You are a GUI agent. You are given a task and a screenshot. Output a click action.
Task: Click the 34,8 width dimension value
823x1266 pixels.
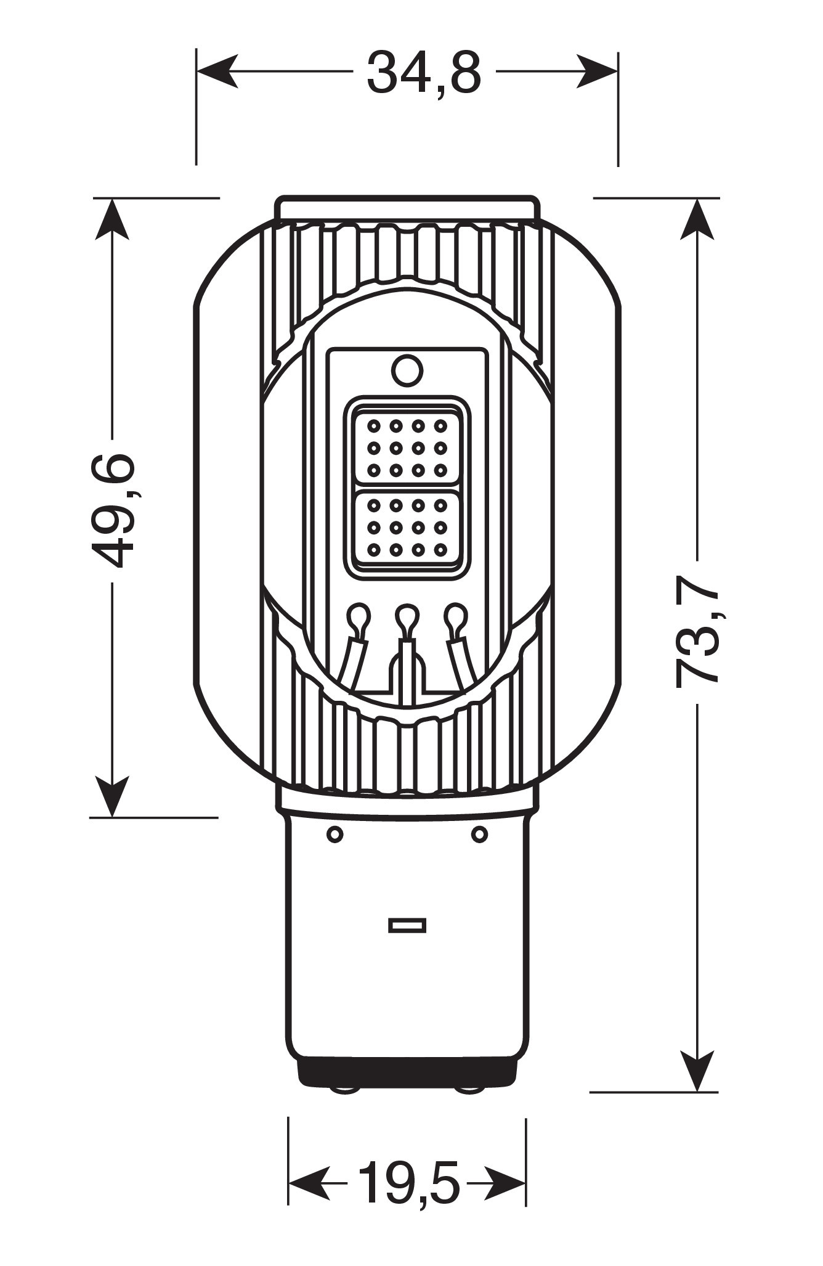point(423,73)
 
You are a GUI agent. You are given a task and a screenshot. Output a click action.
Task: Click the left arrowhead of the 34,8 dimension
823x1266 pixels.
point(216,71)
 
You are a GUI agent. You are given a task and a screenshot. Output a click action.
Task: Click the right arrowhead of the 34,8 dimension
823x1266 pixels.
point(598,71)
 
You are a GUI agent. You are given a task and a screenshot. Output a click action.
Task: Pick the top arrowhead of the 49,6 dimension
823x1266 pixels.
point(112,219)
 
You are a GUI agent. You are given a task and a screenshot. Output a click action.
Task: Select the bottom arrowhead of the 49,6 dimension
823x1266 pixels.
point(112,796)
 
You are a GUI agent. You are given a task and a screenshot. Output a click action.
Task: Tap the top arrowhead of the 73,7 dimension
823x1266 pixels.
point(697,219)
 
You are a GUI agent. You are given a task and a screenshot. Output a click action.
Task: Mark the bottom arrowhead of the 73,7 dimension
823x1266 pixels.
point(697,1071)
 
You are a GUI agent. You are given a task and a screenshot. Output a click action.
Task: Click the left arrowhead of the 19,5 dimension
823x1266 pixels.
point(308,1183)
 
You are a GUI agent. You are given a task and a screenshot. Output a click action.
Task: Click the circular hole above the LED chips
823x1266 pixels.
point(407,371)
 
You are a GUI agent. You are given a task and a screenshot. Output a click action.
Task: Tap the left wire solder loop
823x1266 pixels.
point(359,616)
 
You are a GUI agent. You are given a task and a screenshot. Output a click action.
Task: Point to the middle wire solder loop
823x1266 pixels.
point(407,616)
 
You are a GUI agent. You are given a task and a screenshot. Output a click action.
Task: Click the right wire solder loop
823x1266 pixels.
point(456,616)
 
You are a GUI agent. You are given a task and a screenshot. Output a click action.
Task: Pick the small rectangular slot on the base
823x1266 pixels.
point(407,942)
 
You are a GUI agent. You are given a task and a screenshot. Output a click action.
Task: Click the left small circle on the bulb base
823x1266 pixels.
point(334,835)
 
